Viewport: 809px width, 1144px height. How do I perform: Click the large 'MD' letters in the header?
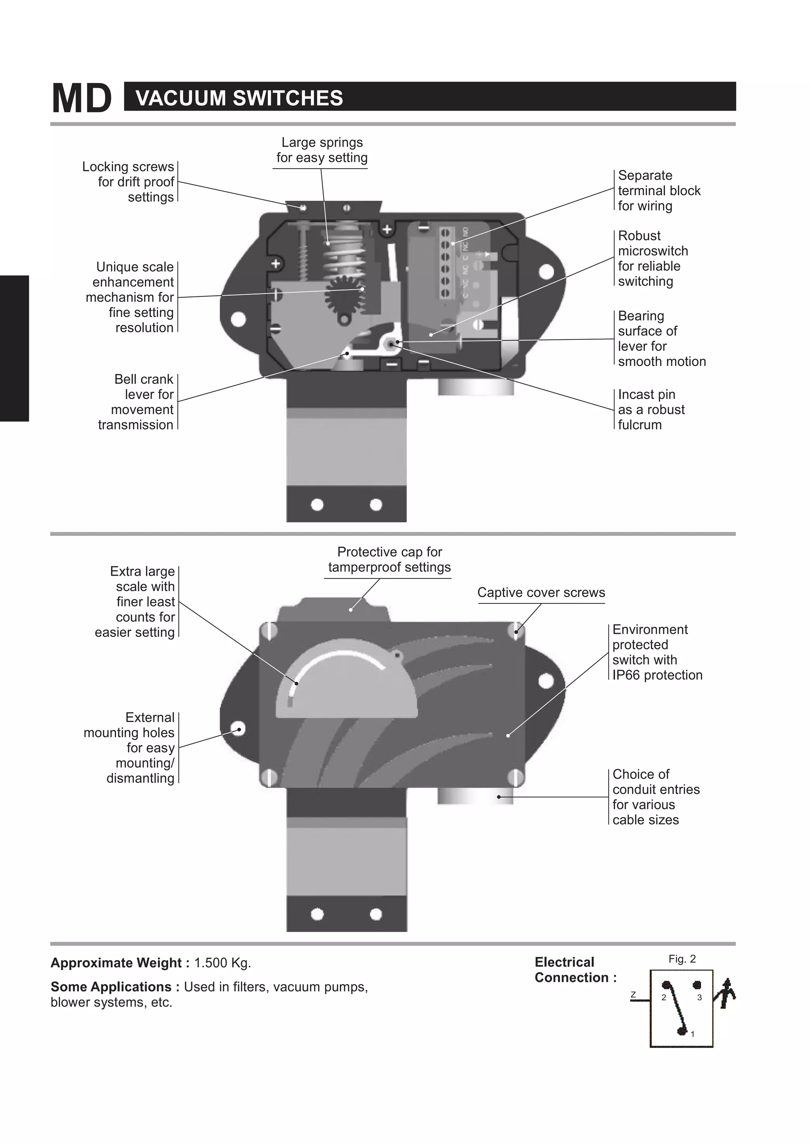coord(82,99)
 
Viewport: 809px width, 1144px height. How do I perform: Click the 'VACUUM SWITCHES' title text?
coord(239,98)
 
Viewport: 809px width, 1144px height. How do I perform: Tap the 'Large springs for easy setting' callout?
coord(322,150)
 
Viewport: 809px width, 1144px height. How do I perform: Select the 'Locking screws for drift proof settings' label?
coord(128,182)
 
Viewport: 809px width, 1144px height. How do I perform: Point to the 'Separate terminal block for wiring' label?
coord(658,191)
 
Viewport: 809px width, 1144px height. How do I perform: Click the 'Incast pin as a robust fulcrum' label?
coord(651,409)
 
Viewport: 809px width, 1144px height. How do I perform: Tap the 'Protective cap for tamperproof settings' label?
coord(389,560)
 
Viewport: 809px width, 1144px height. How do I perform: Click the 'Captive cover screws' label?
coord(541,592)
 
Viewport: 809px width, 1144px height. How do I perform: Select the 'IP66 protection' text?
coord(657,675)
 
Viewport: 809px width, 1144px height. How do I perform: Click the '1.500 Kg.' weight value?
coord(222,963)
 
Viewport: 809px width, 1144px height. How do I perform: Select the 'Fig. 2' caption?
coord(682,959)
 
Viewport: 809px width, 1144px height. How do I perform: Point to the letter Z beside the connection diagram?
coord(633,995)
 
